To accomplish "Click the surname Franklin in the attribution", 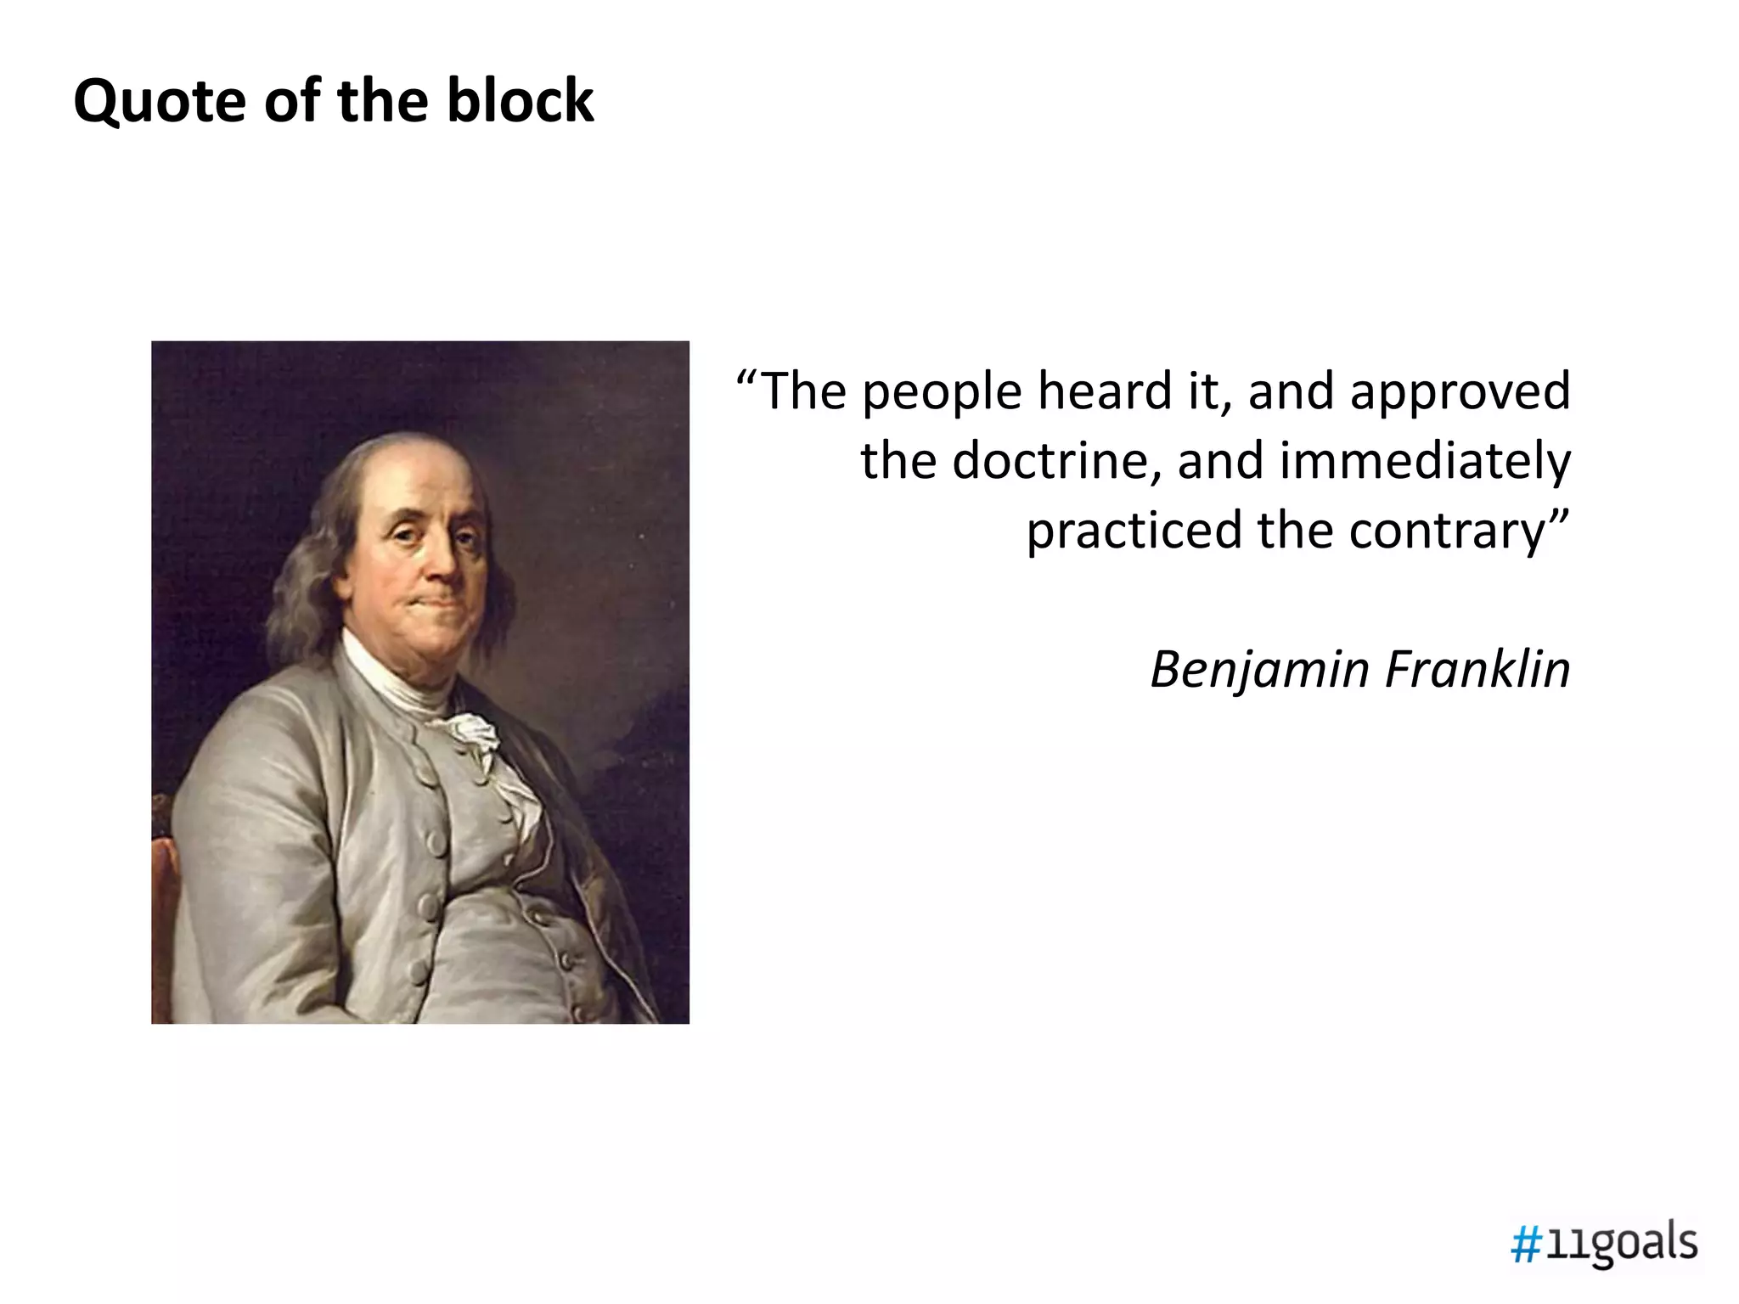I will [x=1477, y=669].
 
